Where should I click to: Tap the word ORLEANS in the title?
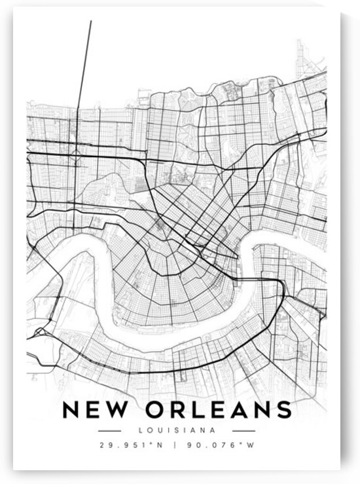pos(219,409)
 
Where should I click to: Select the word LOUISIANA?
pos(177,430)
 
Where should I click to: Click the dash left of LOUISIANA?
pos(109,430)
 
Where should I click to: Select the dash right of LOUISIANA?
pos(243,430)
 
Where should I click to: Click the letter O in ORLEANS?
pos(156,409)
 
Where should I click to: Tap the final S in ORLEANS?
pos(283,409)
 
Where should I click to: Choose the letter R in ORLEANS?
pos(179,409)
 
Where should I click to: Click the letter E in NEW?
pos(95,409)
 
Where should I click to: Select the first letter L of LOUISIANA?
pos(141,430)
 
